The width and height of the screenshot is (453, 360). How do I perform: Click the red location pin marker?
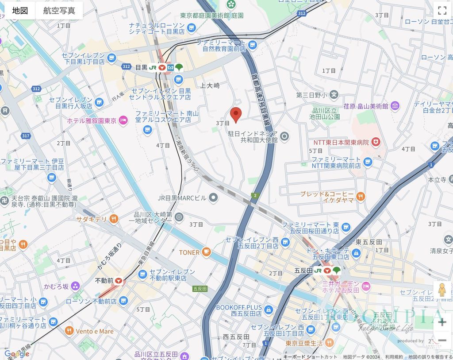[x=236, y=114]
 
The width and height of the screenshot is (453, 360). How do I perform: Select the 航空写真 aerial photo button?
[x=59, y=11]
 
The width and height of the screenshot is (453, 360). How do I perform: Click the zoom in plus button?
[x=441, y=322]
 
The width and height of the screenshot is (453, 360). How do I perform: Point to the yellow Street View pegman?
[x=441, y=290]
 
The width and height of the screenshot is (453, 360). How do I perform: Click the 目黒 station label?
[x=141, y=67]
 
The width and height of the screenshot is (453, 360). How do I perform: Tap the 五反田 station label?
[x=303, y=270]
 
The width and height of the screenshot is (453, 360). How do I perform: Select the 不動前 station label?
[x=104, y=281]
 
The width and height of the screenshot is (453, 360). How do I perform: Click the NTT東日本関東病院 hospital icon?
[x=376, y=142]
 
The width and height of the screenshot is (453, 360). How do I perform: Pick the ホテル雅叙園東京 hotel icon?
[x=123, y=120]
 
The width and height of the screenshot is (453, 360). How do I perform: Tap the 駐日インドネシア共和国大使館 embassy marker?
[x=284, y=136]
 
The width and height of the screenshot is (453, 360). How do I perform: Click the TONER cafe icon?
[x=206, y=252]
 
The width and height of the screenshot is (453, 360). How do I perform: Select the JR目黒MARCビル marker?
[x=214, y=197]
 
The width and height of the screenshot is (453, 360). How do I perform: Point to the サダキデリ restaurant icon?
[x=114, y=218]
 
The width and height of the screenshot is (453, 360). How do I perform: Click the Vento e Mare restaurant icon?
[x=69, y=331]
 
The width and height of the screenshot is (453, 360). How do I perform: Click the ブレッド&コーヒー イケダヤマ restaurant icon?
[x=361, y=197]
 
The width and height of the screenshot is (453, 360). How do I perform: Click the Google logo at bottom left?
[x=16, y=353]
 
